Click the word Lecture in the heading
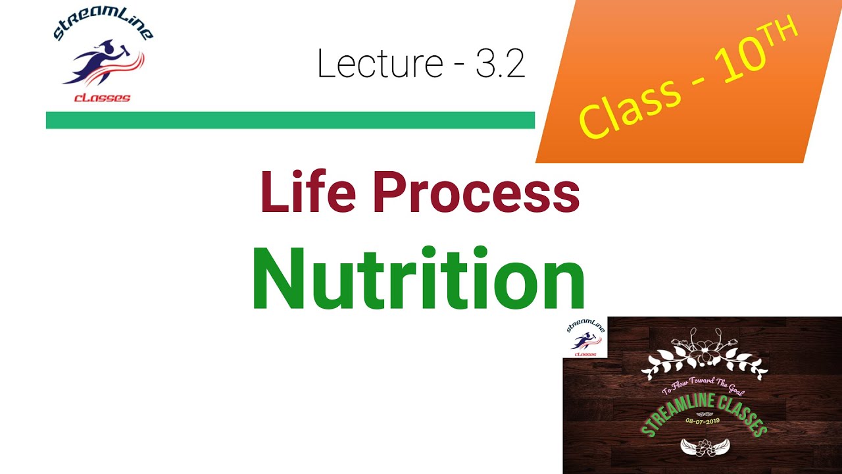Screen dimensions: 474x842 (379, 65)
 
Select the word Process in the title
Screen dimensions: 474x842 (476, 192)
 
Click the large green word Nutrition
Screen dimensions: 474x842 (418, 279)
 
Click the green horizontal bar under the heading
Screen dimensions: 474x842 (290, 120)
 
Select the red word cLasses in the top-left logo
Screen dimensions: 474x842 (102, 97)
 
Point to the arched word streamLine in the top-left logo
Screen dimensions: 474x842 (102, 26)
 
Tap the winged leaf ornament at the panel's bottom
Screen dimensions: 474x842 (703, 447)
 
